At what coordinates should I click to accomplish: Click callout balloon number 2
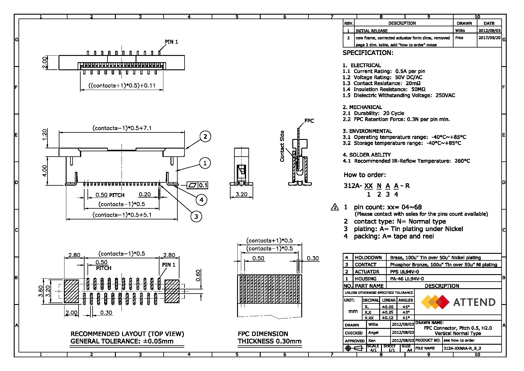(205, 137)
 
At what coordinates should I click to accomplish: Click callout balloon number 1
(205, 163)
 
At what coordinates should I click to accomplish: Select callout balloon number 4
(202, 200)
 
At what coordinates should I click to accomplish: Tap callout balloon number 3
(196, 217)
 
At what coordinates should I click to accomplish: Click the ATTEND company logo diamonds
(435, 302)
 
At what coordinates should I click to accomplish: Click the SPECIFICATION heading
(368, 53)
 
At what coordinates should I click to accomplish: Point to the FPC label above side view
(309, 121)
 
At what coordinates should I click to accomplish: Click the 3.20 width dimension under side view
(241, 194)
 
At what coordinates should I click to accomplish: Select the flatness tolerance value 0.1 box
(203, 185)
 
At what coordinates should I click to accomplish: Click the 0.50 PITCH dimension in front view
(110, 195)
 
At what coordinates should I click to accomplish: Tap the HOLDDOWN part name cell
(368, 257)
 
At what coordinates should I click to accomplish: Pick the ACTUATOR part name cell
(367, 272)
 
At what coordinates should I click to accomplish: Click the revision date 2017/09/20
(489, 38)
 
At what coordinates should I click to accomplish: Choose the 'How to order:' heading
(365, 175)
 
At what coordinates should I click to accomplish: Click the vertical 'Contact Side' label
(282, 146)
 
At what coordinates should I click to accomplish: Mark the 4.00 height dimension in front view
(44, 171)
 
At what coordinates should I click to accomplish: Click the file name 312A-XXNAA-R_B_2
(462, 348)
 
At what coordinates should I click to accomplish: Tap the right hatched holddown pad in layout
(172, 291)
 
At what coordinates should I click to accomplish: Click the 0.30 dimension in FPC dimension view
(313, 258)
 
